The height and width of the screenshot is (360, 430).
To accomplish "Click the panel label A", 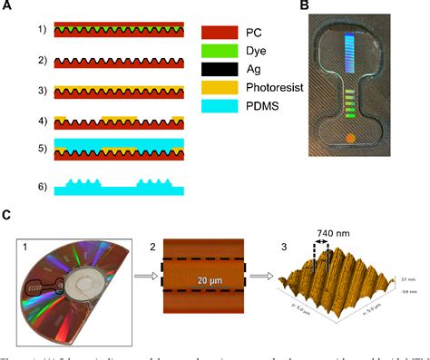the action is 6,7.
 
